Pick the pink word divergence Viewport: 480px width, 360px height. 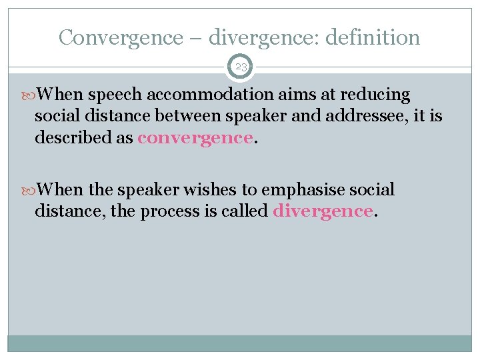pyautogui.click(x=323, y=211)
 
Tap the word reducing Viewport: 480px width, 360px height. pyautogui.click(x=377, y=95)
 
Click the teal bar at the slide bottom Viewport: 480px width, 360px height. pyautogui.click(x=240, y=343)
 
